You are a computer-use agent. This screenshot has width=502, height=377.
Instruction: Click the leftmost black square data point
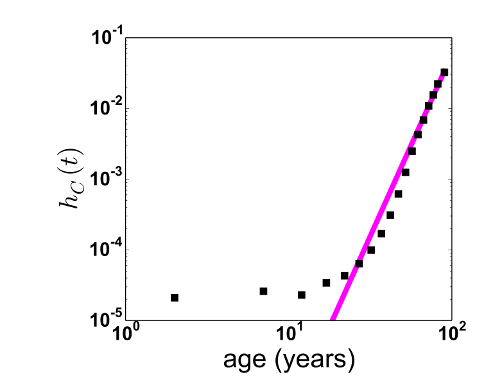tap(175, 298)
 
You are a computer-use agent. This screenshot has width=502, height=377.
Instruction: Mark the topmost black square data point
tap(444, 72)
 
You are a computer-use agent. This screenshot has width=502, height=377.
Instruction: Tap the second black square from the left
tap(263, 291)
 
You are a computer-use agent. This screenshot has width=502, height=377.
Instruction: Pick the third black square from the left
tap(302, 295)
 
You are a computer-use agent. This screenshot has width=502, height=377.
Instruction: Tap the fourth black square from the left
tap(326, 283)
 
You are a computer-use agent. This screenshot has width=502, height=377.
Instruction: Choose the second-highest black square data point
tap(438, 84)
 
